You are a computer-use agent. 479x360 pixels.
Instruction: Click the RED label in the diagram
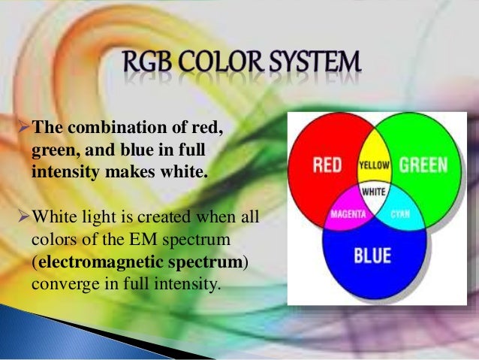[x=327, y=165]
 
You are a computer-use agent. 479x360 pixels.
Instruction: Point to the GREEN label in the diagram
[x=423, y=165]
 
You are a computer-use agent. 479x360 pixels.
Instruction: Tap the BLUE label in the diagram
[x=373, y=256]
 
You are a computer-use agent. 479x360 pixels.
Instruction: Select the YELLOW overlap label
[x=373, y=164]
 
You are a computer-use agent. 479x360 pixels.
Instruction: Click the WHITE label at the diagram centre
[x=374, y=192]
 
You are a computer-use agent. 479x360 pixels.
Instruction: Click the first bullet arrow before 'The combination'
[x=21, y=125]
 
